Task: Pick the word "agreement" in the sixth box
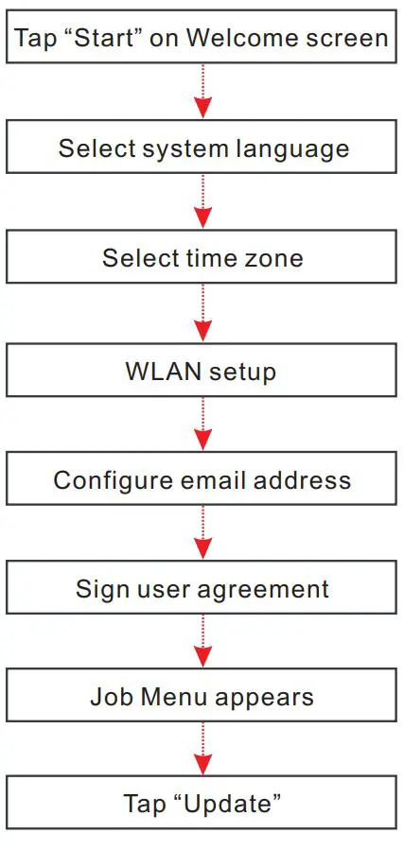coord(267,589)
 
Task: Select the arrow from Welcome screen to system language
coord(202,92)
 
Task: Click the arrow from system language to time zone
coord(202,202)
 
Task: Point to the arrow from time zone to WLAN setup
coord(202,313)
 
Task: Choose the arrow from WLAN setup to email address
coord(202,424)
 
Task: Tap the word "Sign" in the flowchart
coord(97,589)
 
